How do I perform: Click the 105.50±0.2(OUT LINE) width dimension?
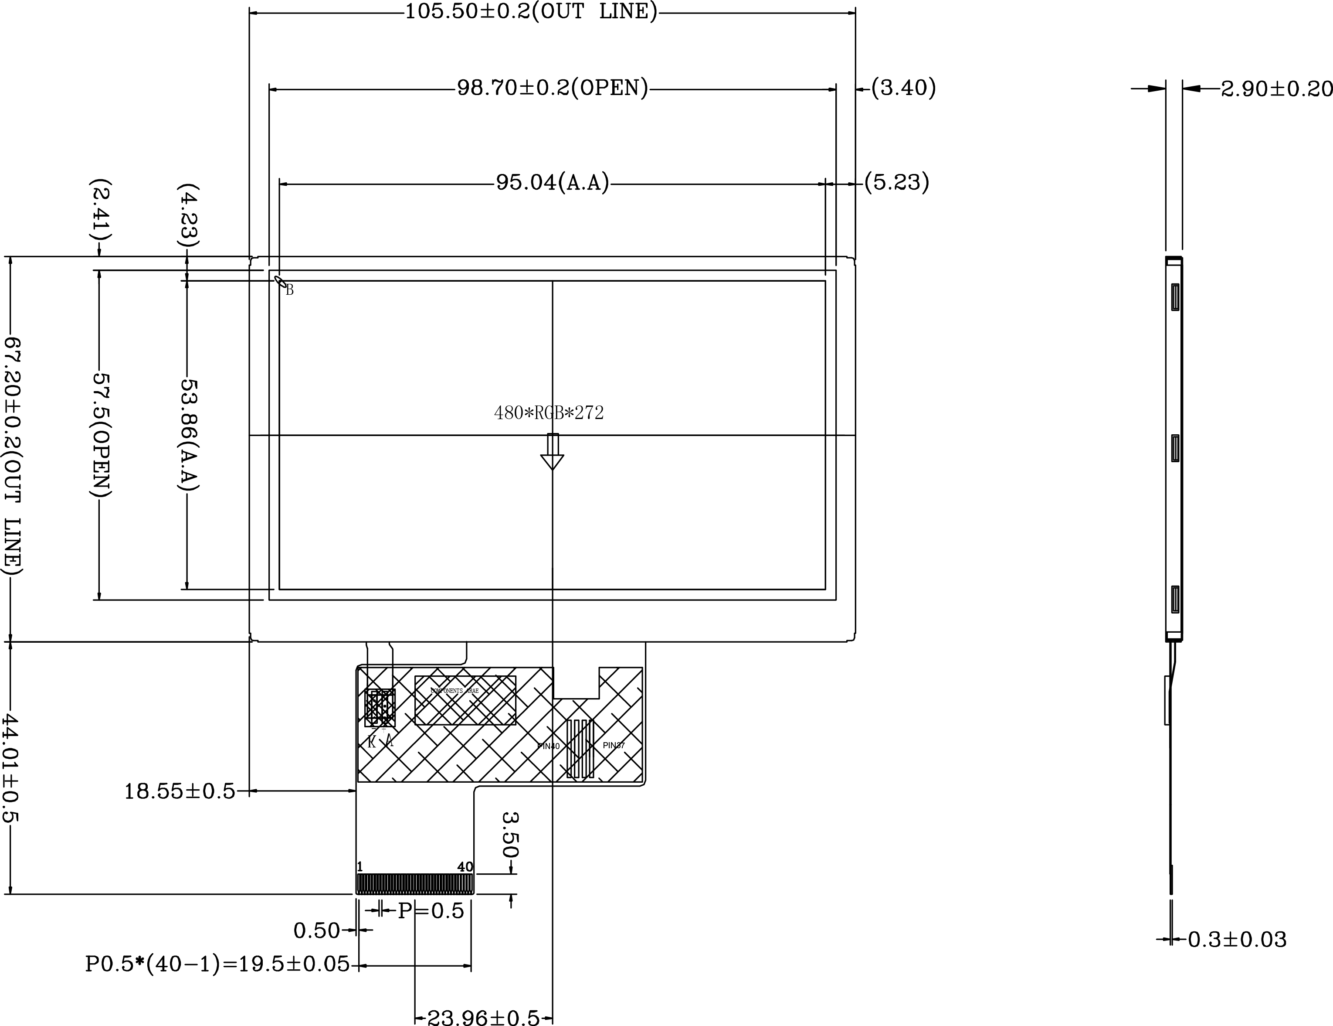click(x=531, y=12)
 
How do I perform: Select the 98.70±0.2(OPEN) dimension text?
click(x=553, y=89)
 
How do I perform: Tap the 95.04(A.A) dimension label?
click(x=553, y=183)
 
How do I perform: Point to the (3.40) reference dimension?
click(x=903, y=88)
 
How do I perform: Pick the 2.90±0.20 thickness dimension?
click(x=1275, y=89)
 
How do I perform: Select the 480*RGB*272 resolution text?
click(x=549, y=413)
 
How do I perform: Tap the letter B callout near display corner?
click(x=290, y=291)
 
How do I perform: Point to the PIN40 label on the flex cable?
click(x=548, y=746)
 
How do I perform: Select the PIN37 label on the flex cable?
click(x=614, y=746)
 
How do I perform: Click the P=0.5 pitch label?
click(x=431, y=911)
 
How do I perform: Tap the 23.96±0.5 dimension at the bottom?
click(x=483, y=1017)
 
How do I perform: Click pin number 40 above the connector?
click(x=465, y=866)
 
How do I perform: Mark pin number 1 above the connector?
click(x=360, y=866)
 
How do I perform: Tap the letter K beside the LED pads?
click(x=372, y=743)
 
